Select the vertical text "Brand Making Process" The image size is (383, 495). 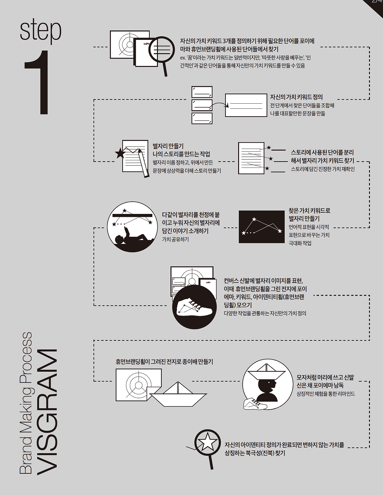(26, 403)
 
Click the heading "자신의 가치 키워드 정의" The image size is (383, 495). (296, 97)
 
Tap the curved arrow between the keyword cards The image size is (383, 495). (219, 105)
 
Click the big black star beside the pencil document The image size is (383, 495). (120, 153)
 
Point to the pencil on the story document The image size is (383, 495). (144, 163)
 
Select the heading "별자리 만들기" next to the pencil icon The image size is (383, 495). (168, 146)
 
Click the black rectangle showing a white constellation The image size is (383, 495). (262, 227)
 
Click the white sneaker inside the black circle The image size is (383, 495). (195, 307)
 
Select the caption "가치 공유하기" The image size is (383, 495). (175, 239)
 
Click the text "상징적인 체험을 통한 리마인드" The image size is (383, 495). (326, 394)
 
